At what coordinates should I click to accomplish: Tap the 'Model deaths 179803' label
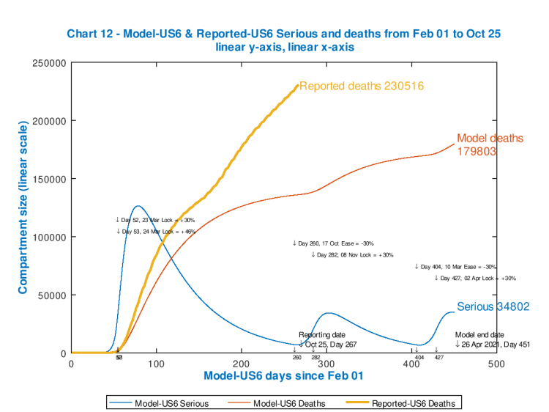click(490, 145)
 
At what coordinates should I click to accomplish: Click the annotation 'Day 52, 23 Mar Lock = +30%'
click(155, 220)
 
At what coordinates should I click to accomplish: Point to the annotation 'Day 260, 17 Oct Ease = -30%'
click(333, 243)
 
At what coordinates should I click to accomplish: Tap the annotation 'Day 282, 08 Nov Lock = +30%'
click(352, 255)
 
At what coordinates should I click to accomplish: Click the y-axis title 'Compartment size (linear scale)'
click(23, 209)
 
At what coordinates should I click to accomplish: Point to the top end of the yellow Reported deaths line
click(298, 86)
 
